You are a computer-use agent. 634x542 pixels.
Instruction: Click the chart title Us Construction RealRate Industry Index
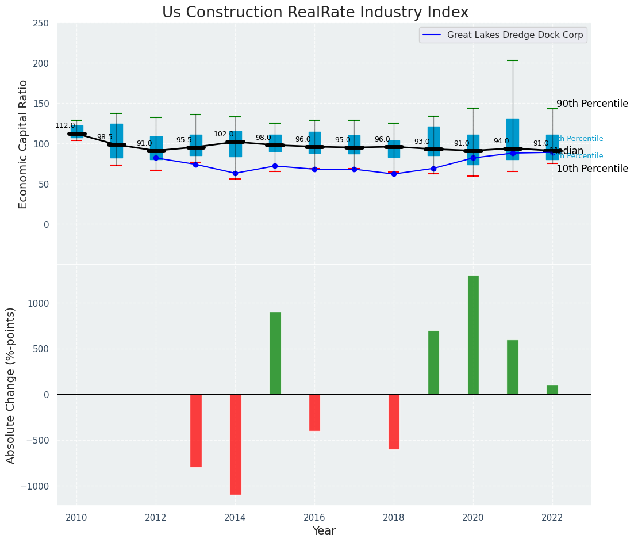(315, 13)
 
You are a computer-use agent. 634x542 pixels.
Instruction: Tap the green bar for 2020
(473, 335)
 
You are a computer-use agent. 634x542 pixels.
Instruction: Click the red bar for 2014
(235, 444)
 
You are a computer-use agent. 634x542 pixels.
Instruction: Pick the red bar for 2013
(195, 430)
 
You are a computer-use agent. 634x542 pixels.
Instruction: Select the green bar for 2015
(275, 353)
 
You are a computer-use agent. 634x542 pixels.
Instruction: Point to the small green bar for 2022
(552, 390)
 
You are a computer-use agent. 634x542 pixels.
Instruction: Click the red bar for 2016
(314, 413)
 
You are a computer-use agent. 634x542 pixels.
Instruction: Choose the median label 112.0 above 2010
(65, 125)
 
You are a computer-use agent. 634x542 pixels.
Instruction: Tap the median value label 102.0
(224, 134)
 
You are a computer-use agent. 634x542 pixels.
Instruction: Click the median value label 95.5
(184, 140)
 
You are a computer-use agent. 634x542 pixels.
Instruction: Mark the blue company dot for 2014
(235, 173)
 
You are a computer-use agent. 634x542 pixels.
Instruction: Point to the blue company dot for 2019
(433, 169)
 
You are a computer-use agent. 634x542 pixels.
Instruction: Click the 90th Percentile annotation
(592, 104)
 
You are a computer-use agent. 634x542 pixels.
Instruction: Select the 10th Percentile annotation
(592, 169)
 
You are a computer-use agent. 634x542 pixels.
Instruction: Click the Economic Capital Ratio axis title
(24, 144)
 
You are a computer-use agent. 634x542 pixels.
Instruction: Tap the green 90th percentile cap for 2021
(513, 60)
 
